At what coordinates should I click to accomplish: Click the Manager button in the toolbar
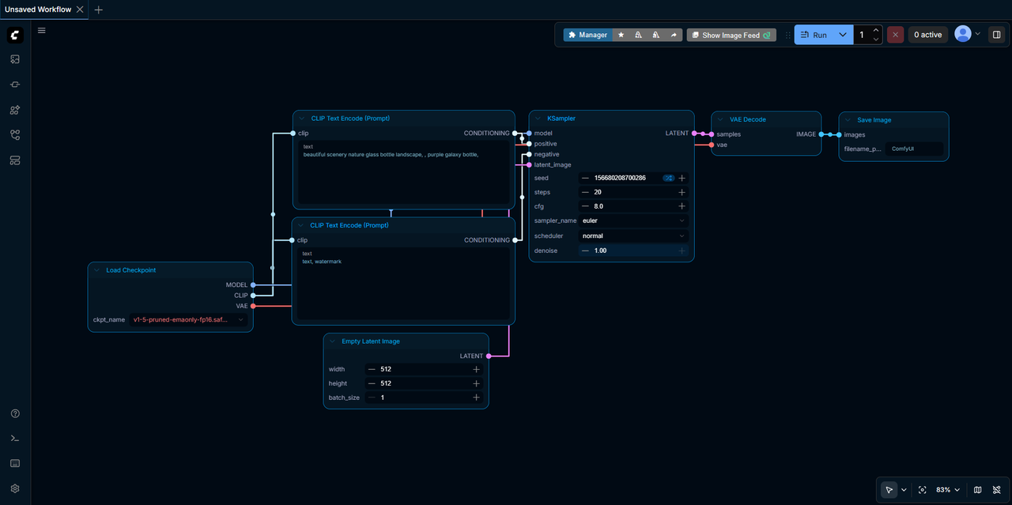coord(587,35)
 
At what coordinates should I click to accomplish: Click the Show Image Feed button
coord(731,35)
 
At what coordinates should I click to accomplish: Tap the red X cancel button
coord(895,35)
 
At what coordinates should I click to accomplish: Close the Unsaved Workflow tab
coord(80,9)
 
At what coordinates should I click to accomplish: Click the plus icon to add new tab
coord(99,9)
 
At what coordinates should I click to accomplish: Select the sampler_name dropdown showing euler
coord(633,220)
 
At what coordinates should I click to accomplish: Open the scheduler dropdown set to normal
coord(633,236)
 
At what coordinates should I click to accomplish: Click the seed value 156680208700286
coord(620,178)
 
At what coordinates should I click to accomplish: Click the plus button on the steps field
coord(682,192)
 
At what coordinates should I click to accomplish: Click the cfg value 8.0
coord(599,206)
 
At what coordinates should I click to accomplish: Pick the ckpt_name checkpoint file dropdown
coord(188,320)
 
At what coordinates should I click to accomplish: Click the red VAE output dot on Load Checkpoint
coord(253,306)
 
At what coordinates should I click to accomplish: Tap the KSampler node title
coord(561,119)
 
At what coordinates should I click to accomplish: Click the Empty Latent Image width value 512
coord(385,369)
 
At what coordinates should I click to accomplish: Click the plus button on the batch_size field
coord(476,398)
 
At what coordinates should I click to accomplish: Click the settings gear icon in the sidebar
coord(15,488)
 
